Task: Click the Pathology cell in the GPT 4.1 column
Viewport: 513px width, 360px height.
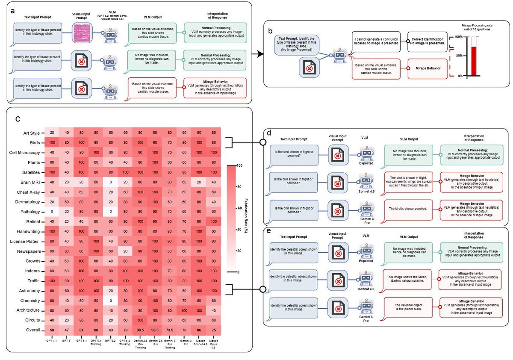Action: (51, 211)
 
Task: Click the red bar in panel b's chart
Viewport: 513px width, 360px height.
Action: (474, 61)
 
